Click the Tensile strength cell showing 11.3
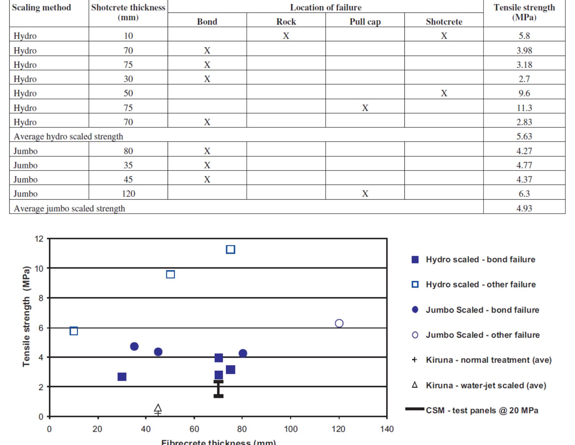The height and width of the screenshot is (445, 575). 524,108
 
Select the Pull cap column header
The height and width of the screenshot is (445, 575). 365,21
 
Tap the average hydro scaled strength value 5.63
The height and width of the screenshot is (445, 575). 524,136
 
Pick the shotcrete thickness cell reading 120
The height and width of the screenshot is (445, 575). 128,194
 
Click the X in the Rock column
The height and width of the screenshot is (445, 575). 286,36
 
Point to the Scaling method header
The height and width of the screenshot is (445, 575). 41,7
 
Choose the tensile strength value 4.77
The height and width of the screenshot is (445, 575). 524,165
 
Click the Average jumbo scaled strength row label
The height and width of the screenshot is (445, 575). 69,208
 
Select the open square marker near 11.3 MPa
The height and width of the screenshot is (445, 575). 230,249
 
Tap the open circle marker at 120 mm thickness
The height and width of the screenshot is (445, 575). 339,324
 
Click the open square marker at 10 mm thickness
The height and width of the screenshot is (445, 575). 74,331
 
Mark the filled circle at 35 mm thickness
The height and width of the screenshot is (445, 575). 134,346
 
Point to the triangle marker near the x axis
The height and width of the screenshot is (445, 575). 158,408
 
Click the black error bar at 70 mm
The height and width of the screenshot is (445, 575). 218,389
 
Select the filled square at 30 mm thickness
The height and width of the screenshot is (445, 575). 122,377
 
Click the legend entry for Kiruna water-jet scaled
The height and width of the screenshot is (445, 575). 486,385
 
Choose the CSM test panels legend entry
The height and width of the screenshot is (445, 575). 482,410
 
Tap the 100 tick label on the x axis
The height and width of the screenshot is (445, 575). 291,429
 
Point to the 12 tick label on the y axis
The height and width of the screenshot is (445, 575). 39,239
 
